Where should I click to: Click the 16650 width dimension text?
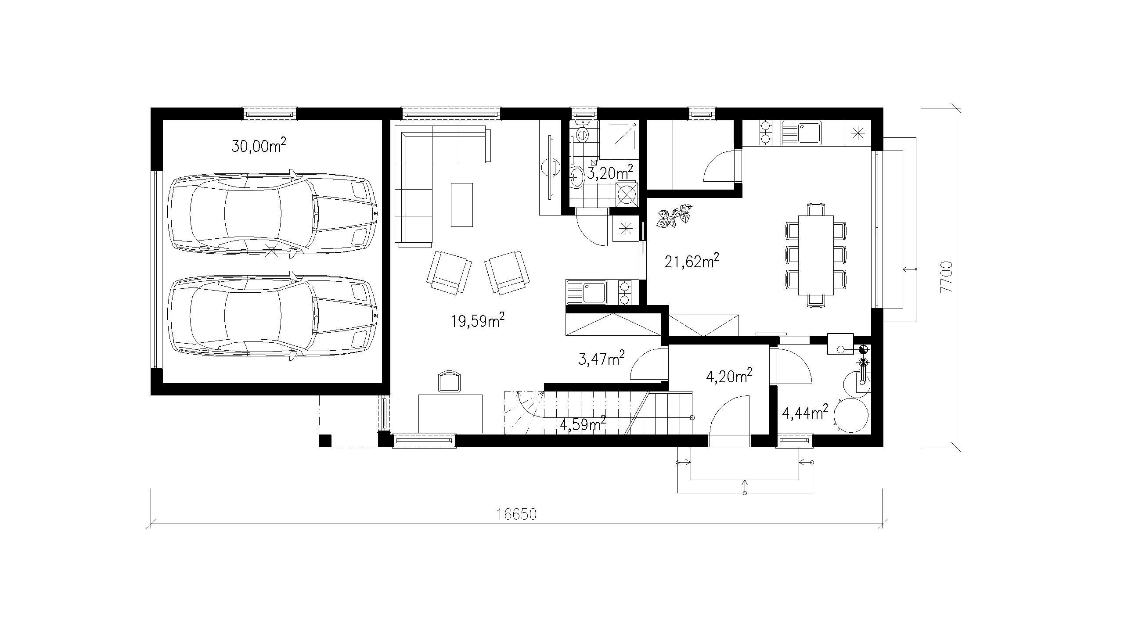(x=517, y=514)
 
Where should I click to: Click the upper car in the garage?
(x=273, y=215)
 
